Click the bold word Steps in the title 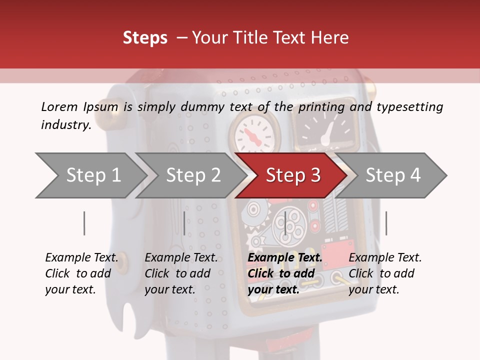(145, 38)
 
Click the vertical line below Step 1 (84, 223)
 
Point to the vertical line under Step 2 (184, 223)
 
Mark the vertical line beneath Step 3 (285, 223)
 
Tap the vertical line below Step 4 (386, 223)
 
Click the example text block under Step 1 (81, 273)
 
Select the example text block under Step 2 (181, 273)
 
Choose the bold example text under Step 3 (285, 273)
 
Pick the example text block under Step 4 (385, 273)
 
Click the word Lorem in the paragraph (59, 106)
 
